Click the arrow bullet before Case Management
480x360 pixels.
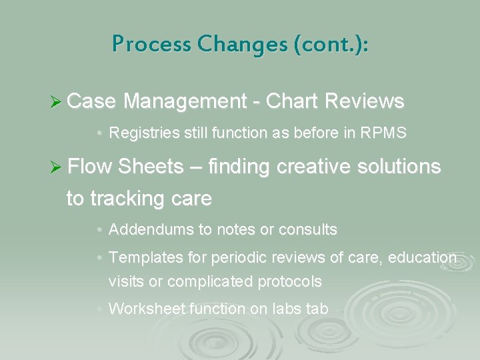point(57,101)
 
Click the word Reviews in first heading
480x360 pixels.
point(364,101)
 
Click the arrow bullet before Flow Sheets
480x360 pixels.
point(57,167)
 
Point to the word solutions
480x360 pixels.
point(399,167)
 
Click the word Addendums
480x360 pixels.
point(151,230)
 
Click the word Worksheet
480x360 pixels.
point(147,309)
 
